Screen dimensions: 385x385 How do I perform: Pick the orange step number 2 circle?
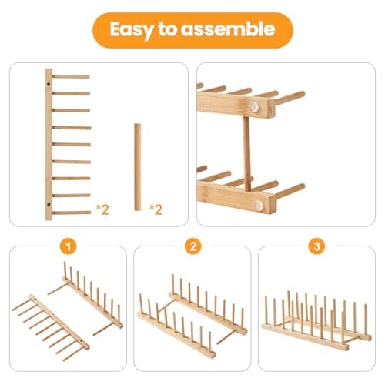tap(192, 248)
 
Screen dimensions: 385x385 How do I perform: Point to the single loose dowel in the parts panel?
tap(137, 166)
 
